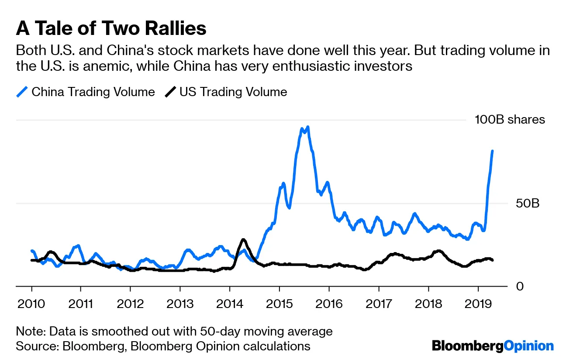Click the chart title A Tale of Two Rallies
click(111, 28)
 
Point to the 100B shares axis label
click(510, 120)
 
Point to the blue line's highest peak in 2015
click(308, 127)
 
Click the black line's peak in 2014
click(244, 239)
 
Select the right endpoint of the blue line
click(493, 151)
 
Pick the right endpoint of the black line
click(493, 260)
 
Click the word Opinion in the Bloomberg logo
click(529, 346)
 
